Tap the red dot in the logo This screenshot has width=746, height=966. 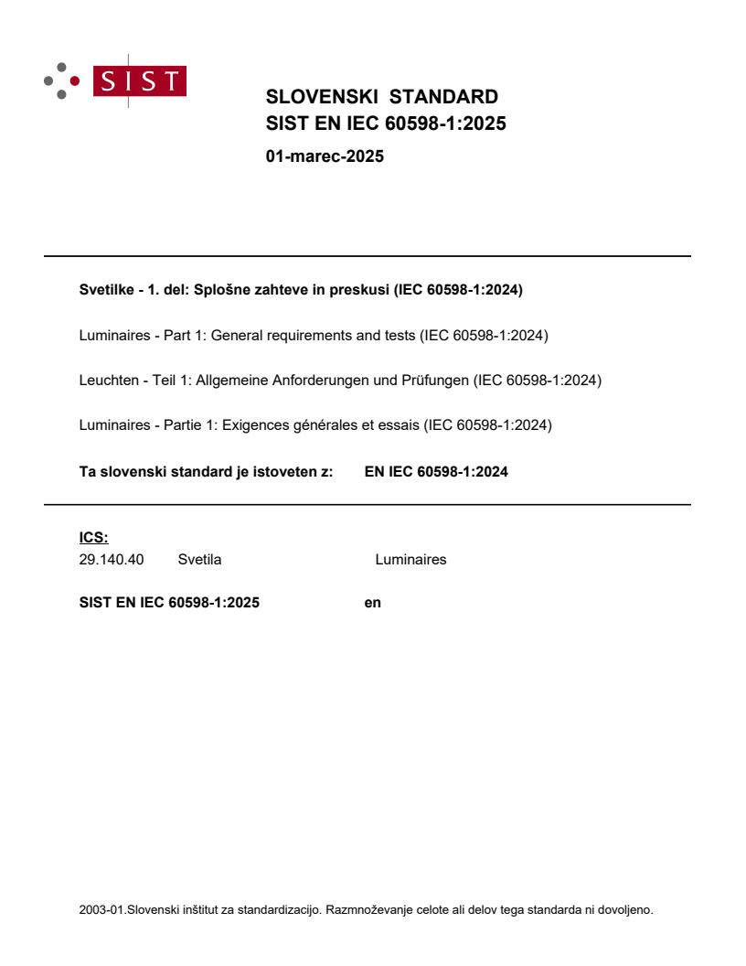(x=75, y=80)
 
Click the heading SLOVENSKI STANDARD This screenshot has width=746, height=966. (x=381, y=97)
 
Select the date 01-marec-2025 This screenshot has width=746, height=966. (x=325, y=156)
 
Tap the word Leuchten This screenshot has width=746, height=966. (x=108, y=381)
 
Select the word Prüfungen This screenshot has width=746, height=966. (x=434, y=381)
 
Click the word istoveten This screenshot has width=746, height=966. (x=274, y=472)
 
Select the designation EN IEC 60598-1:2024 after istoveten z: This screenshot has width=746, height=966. (x=436, y=472)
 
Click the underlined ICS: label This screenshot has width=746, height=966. (x=93, y=539)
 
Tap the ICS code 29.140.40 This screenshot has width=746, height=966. (x=112, y=560)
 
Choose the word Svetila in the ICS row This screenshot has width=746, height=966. (x=199, y=560)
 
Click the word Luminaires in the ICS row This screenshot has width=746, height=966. (x=410, y=560)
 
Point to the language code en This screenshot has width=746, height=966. (x=372, y=603)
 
